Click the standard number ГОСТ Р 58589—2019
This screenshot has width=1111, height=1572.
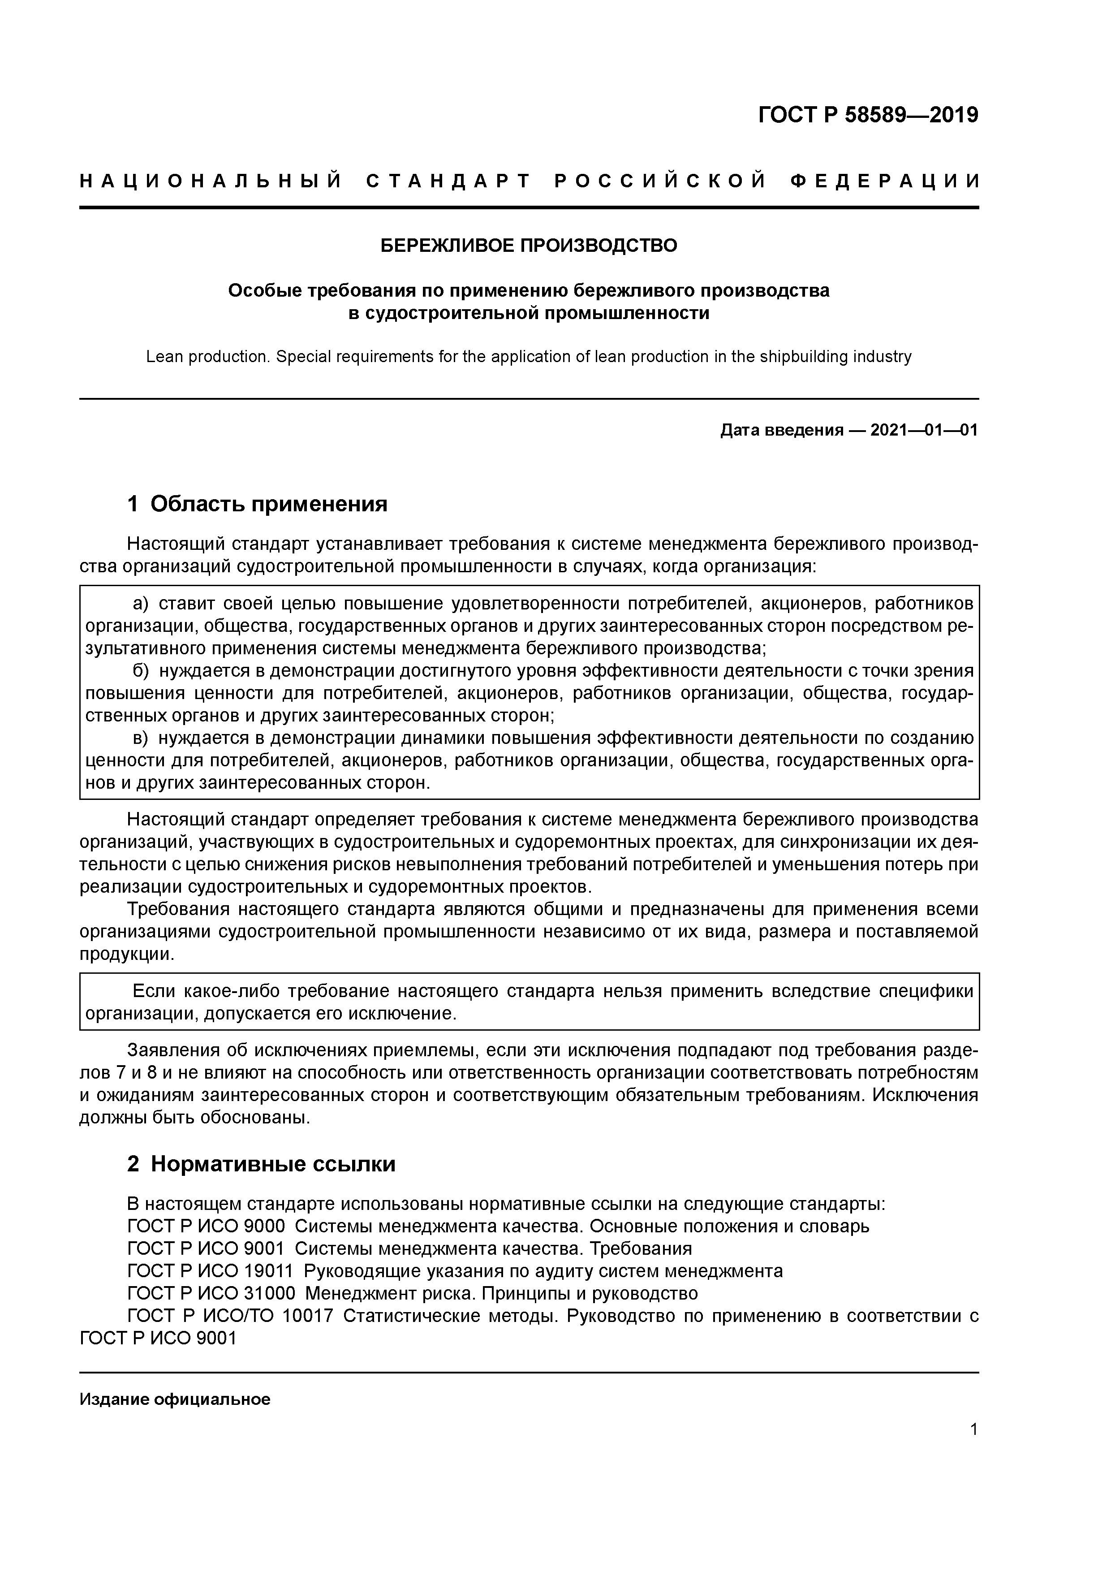tap(868, 115)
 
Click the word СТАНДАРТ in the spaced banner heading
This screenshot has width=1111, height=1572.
tap(448, 181)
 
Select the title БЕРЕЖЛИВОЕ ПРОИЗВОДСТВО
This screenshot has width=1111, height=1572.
tap(529, 245)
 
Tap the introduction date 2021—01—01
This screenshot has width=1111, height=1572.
tap(924, 430)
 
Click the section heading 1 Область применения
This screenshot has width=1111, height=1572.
tap(258, 504)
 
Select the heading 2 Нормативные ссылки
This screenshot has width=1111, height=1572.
tap(262, 1164)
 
